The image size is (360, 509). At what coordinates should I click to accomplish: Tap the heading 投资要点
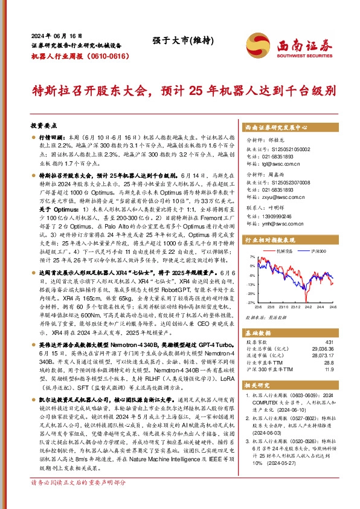[x=43, y=125]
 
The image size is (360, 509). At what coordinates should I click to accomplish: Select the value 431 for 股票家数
[x=329, y=342]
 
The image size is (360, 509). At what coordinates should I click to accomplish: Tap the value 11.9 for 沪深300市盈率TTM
[x=329, y=369]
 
